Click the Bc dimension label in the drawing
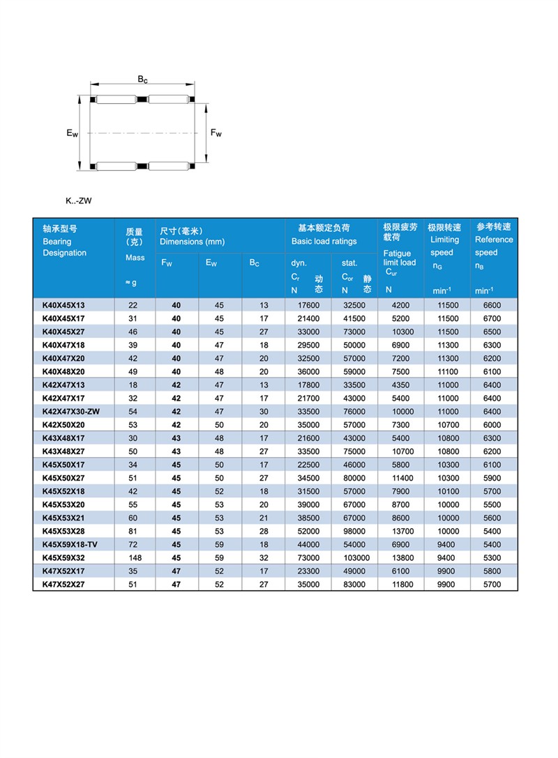coord(142,79)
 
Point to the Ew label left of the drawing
coord(72,133)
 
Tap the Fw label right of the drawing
coord(216,133)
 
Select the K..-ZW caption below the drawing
coord(79,201)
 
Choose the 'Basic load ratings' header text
coord(324,241)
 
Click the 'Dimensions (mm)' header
coord(192,241)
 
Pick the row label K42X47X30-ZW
coord(71,412)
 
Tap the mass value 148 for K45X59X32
coord(135,558)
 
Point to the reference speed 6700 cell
coord(492,318)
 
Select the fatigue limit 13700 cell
coord(402,532)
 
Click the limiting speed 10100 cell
coord(448,492)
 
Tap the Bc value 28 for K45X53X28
coord(264,532)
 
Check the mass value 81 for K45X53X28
coord(135,532)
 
